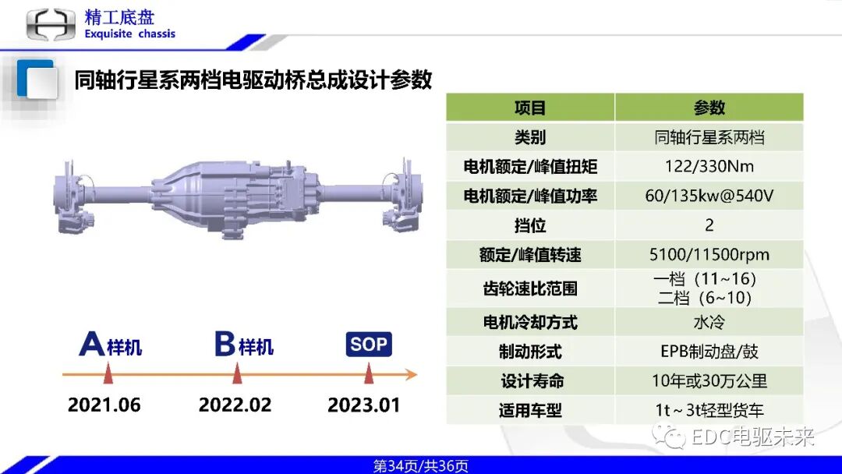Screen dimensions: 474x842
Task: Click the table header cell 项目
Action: [x=530, y=108]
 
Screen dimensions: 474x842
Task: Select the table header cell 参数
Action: [x=709, y=108]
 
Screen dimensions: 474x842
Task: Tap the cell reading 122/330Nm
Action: [x=709, y=166]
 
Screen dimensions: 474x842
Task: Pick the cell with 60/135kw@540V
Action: [x=709, y=196]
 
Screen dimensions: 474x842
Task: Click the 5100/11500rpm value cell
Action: [x=709, y=255]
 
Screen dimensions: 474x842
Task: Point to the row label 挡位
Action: [x=530, y=225]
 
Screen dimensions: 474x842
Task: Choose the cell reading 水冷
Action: [x=709, y=322]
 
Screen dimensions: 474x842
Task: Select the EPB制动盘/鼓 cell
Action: [x=709, y=352]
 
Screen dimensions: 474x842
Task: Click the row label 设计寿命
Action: [x=530, y=381]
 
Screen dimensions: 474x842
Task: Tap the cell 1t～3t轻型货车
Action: [x=709, y=410]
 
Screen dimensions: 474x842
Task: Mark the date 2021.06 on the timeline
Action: [x=104, y=405]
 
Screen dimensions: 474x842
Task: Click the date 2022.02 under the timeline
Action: [x=235, y=405]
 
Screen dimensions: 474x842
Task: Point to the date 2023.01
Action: [x=363, y=405]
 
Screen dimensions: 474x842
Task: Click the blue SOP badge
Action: [x=369, y=345]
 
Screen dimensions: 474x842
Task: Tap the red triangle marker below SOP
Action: [x=369, y=375]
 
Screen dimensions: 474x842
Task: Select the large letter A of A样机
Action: [x=92, y=344]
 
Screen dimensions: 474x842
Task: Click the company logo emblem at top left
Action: [x=51, y=25]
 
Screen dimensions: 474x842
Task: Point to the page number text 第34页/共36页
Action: [x=421, y=466]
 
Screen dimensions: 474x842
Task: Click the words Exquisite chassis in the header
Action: [x=129, y=34]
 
